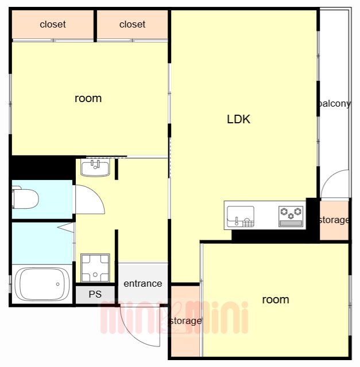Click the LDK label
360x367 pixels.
(x=238, y=119)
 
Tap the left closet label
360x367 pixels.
(x=53, y=24)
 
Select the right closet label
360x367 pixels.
(x=132, y=24)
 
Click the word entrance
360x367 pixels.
(x=143, y=284)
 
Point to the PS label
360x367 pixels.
(x=95, y=294)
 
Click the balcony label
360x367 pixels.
(x=335, y=103)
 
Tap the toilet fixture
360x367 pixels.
(x=25, y=198)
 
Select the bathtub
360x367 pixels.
(x=42, y=284)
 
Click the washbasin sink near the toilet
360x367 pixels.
(x=95, y=167)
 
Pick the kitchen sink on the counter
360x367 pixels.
(x=241, y=216)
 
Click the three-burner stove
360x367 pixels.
(x=291, y=216)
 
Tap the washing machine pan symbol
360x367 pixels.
(x=95, y=268)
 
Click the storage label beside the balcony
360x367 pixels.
(x=334, y=220)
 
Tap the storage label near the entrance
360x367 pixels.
(x=185, y=321)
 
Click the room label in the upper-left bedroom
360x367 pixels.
(x=88, y=98)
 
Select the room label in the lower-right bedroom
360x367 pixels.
(x=276, y=299)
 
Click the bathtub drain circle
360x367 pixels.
(x=57, y=284)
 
